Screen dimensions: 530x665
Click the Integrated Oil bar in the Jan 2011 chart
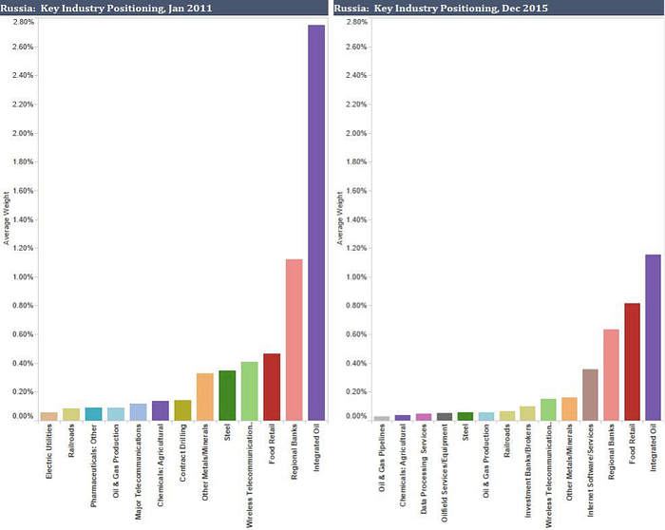click(x=316, y=222)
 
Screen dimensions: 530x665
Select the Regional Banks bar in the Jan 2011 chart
click(x=294, y=339)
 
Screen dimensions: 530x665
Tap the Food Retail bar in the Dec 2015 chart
click(x=632, y=361)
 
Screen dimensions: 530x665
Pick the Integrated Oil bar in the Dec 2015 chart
click(x=653, y=336)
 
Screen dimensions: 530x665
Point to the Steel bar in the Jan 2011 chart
click(x=227, y=395)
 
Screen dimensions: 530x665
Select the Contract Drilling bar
click(x=182, y=409)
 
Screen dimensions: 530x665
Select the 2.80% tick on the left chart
click(x=23, y=21)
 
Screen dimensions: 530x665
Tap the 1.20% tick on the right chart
click(x=353, y=249)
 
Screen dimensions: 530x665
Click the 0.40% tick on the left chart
click(x=23, y=364)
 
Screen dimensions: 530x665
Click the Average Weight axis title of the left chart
click(x=6, y=218)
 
